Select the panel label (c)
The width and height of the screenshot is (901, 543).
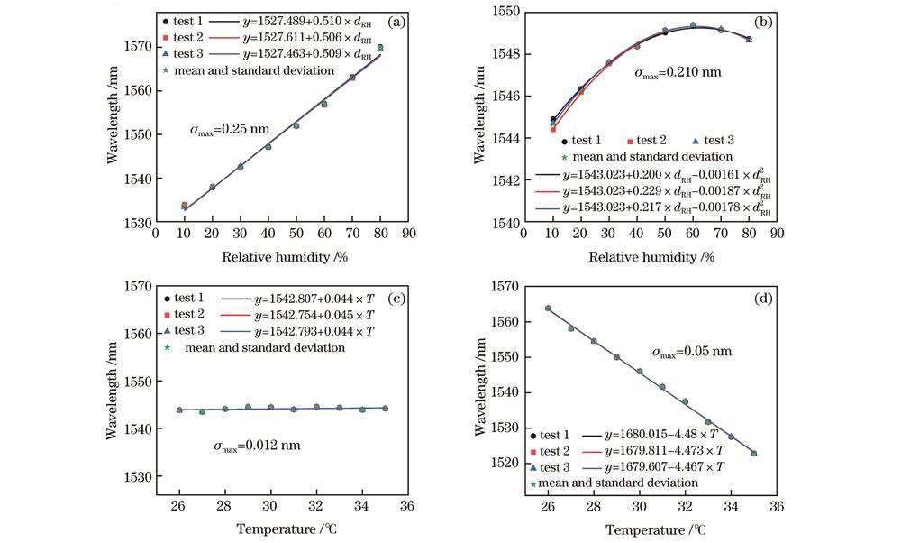pos(371,297)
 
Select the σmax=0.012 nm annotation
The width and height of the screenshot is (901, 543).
pos(257,445)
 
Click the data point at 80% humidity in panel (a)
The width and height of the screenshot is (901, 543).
pos(380,47)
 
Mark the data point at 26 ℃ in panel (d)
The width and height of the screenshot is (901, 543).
pos(548,308)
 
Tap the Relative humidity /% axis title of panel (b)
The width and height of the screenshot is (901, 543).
pos(652,257)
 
